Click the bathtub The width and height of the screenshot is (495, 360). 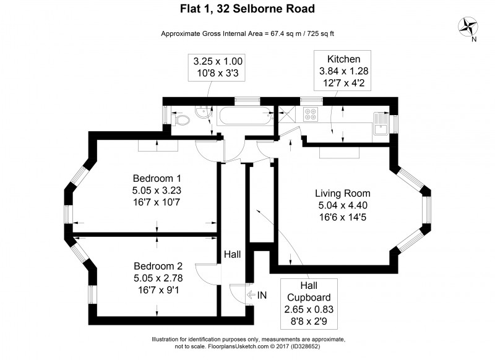[243, 115]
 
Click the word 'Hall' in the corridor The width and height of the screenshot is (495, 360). [233, 254]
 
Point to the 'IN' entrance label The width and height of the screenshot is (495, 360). [262, 296]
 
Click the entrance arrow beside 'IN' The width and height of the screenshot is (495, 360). [250, 296]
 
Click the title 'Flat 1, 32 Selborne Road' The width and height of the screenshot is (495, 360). [248, 9]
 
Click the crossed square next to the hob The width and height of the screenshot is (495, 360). [286, 114]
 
